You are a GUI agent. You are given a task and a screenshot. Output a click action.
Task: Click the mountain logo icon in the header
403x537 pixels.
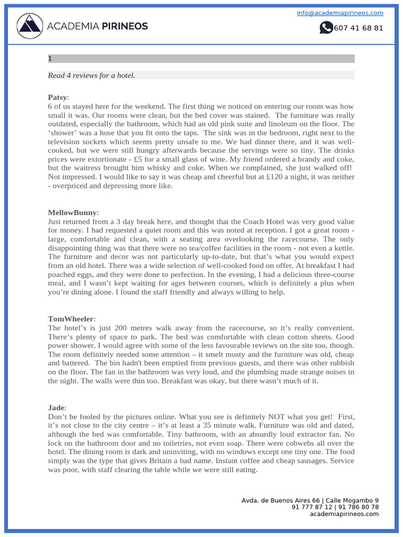(30, 26)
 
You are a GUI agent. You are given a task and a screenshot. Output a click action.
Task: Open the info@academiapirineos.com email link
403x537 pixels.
(340, 13)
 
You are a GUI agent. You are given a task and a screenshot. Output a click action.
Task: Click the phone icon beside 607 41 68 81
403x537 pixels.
(326, 28)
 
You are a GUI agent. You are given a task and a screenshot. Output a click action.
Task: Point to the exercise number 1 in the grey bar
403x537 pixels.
(50, 59)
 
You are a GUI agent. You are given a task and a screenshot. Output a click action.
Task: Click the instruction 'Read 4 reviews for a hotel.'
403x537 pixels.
(91, 76)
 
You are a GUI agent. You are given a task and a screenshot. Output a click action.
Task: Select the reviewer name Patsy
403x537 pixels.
(57, 97)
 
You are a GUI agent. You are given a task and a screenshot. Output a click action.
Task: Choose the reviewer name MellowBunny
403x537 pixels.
(72, 212)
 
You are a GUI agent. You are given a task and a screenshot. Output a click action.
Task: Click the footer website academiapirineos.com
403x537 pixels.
(344, 514)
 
